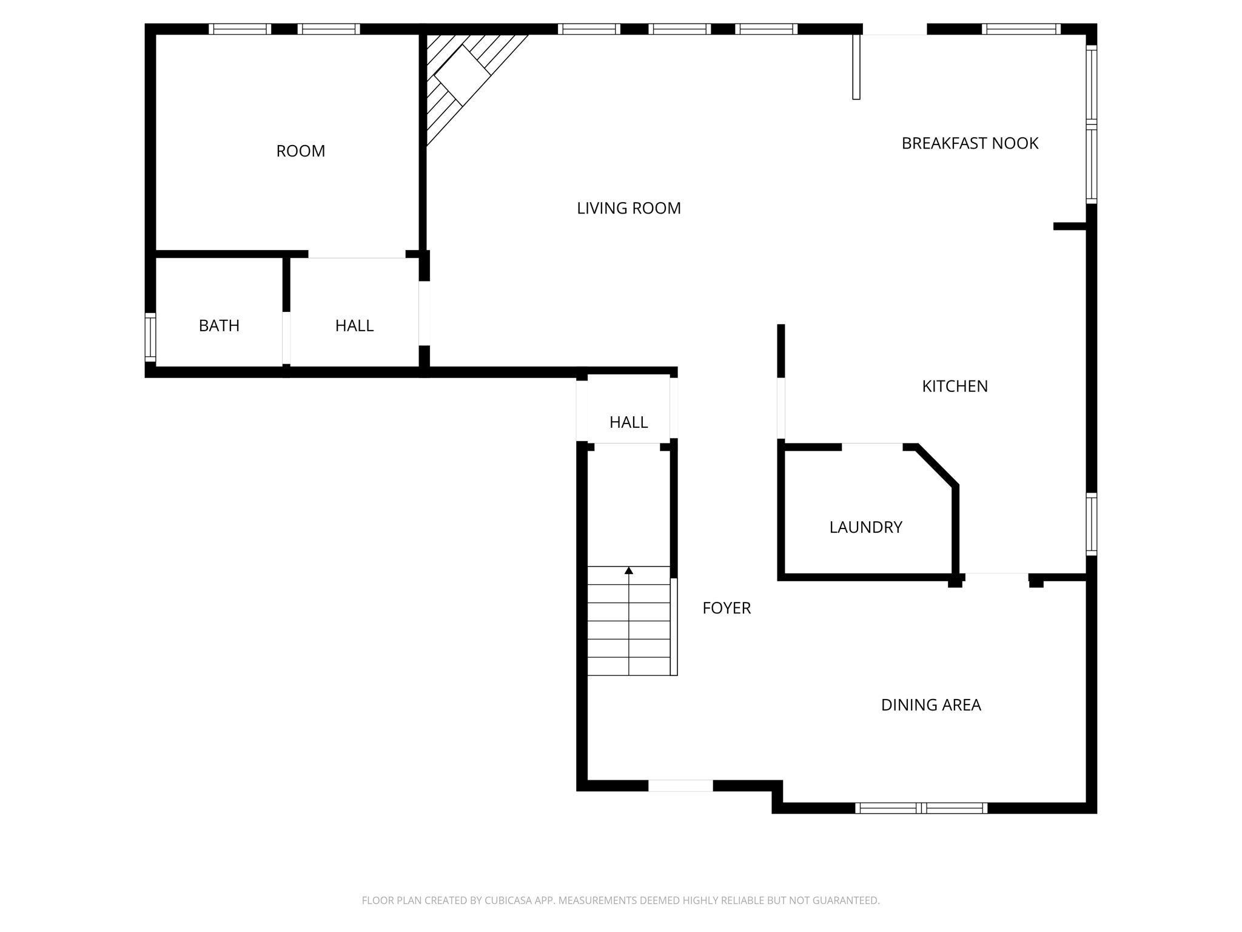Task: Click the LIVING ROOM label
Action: pyautogui.click(x=628, y=208)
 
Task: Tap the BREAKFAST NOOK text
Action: pyautogui.click(x=969, y=143)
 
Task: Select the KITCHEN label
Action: pyautogui.click(x=955, y=386)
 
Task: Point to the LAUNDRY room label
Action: pyautogui.click(x=865, y=527)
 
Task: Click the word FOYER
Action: pyautogui.click(x=726, y=607)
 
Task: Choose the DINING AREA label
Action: pyautogui.click(x=930, y=704)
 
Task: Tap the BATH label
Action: pyautogui.click(x=219, y=326)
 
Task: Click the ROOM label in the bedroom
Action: pyautogui.click(x=300, y=151)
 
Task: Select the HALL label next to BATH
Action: pyautogui.click(x=354, y=326)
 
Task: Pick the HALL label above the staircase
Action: pyautogui.click(x=628, y=422)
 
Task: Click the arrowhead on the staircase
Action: pyautogui.click(x=629, y=570)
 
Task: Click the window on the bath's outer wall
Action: pyautogui.click(x=150, y=337)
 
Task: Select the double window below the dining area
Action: pyautogui.click(x=921, y=808)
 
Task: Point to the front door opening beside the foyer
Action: pyautogui.click(x=680, y=786)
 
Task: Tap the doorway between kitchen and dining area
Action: pyautogui.click(x=996, y=576)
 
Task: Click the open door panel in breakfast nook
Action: pyautogui.click(x=856, y=67)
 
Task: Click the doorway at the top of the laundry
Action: pyautogui.click(x=871, y=447)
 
